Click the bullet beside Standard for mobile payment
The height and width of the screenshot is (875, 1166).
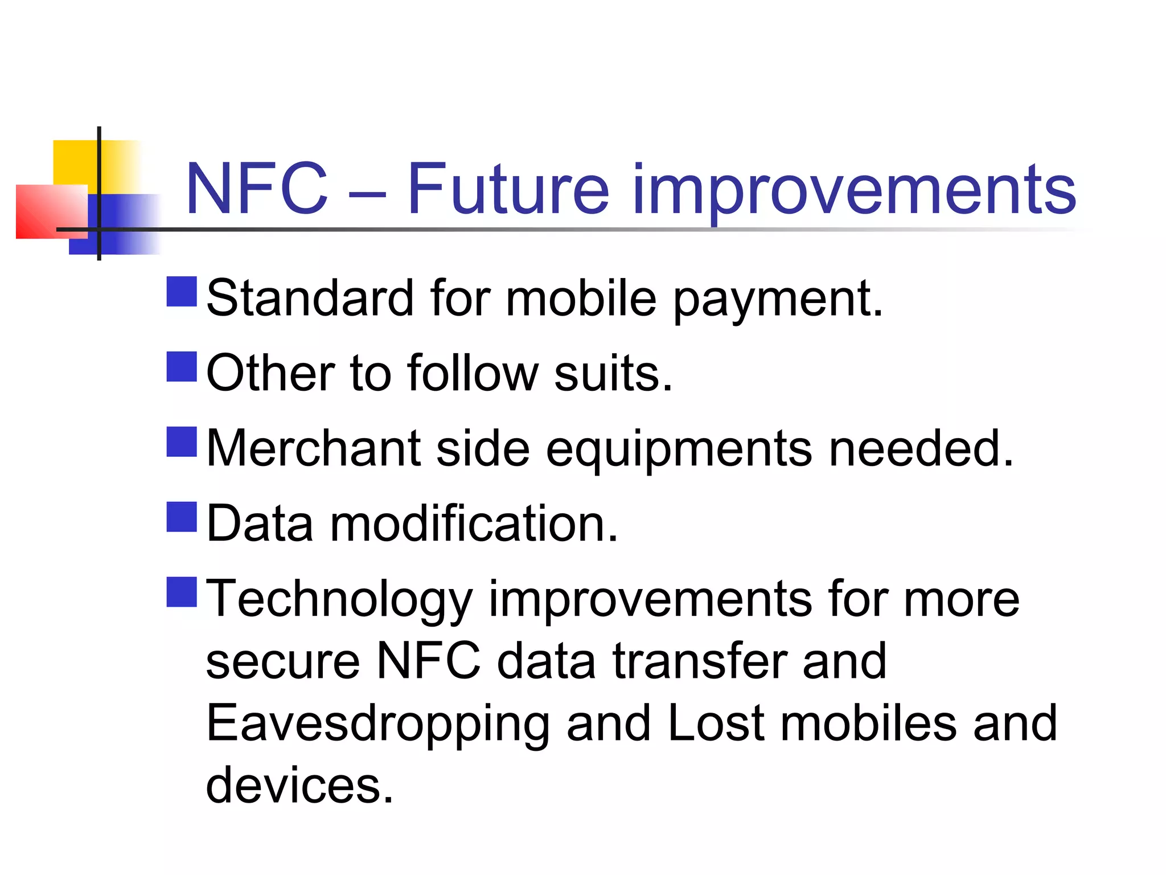click(x=182, y=292)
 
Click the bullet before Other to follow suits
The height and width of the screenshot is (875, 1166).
click(x=182, y=366)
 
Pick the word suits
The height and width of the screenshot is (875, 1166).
click(x=613, y=373)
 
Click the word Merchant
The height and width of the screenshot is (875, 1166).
click(x=313, y=448)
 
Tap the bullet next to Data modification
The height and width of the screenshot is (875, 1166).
click(x=182, y=516)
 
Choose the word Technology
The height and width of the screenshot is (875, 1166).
click(x=339, y=600)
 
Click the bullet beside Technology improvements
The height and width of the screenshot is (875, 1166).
click(x=182, y=591)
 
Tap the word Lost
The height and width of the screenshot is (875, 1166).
click(x=716, y=723)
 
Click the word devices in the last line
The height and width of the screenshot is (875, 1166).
click(x=299, y=785)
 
